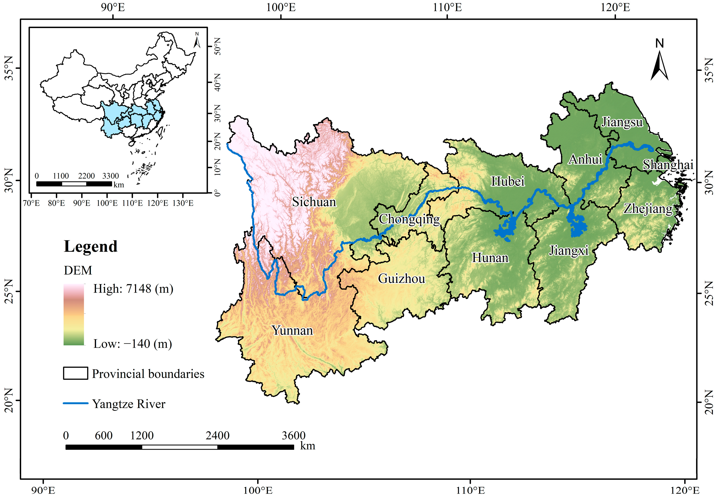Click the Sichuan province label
tap(314, 202)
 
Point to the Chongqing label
tap(409, 219)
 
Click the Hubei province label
tap(508, 181)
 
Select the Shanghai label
tap(668, 165)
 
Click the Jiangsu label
tap(622, 122)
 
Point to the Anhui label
tap(585, 159)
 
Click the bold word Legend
tap(91, 246)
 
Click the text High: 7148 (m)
tap(133, 289)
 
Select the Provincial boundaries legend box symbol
tap(75, 373)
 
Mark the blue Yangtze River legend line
tap(76, 403)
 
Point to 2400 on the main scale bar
tap(217, 435)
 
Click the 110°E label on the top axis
tap(447, 7)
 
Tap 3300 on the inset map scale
tap(110, 176)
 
